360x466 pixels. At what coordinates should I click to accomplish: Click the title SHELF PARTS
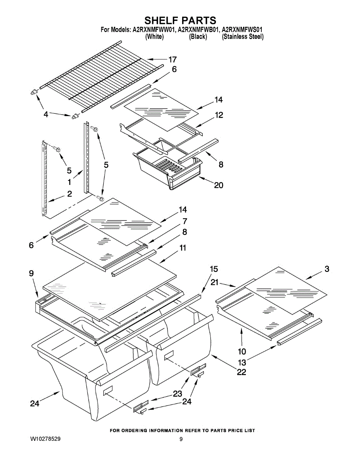pos(180,20)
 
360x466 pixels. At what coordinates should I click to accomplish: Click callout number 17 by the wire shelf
pos(172,59)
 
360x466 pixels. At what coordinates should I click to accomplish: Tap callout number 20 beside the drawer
pos(219,185)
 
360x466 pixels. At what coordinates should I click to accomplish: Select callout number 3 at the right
pos(327,269)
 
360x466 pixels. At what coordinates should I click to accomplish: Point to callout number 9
pos(31,273)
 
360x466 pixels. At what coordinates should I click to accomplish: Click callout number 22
pos(242,372)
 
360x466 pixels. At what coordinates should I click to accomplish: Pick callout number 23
pos(177,393)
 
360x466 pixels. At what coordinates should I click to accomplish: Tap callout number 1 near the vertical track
pos(69,182)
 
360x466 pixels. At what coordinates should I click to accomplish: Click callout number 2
pos(69,194)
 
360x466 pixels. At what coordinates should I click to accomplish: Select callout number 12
pos(219,115)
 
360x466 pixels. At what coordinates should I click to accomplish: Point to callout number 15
pos(214,269)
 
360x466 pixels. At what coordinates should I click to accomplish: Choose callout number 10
pos(242,351)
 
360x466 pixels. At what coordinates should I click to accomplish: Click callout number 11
pos(183,247)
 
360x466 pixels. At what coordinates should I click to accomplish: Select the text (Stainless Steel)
pos(243,37)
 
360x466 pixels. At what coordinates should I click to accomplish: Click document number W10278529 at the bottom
pos(45,439)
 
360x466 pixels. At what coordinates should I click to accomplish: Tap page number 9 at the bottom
pos(181,439)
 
